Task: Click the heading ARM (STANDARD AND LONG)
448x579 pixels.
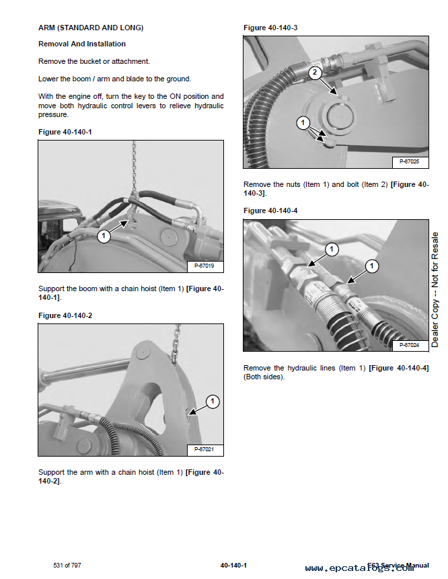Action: pyautogui.click(x=91, y=28)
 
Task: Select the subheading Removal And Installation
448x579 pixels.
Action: pyautogui.click(x=82, y=44)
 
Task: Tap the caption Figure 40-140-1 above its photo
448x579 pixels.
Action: pyautogui.click(x=65, y=132)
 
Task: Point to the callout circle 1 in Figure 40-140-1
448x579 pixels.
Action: pyautogui.click(x=104, y=236)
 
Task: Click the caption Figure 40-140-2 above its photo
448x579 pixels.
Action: pyautogui.click(x=65, y=315)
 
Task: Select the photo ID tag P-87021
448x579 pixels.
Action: pyautogui.click(x=203, y=449)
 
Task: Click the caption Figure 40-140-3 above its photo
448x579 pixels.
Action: pyautogui.click(x=270, y=28)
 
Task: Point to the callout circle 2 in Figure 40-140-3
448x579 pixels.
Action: pyautogui.click(x=315, y=73)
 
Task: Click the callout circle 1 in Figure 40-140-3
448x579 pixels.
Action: pyautogui.click(x=303, y=123)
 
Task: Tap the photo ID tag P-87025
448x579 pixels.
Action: pyautogui.click(x=409, y=161)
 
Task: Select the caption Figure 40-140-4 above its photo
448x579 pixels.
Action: pyautogui.click(x=270, y=211)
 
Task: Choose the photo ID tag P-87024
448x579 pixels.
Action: pyautogui.click(x=409, y=345)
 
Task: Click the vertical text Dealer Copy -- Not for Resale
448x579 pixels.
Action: pyautogui.click(x=435, y=290)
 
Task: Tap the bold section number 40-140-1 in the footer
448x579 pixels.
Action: pyautogui.click(x=233, y=566)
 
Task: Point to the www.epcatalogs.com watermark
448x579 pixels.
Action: pyautogui.click(x=359, y=568)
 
